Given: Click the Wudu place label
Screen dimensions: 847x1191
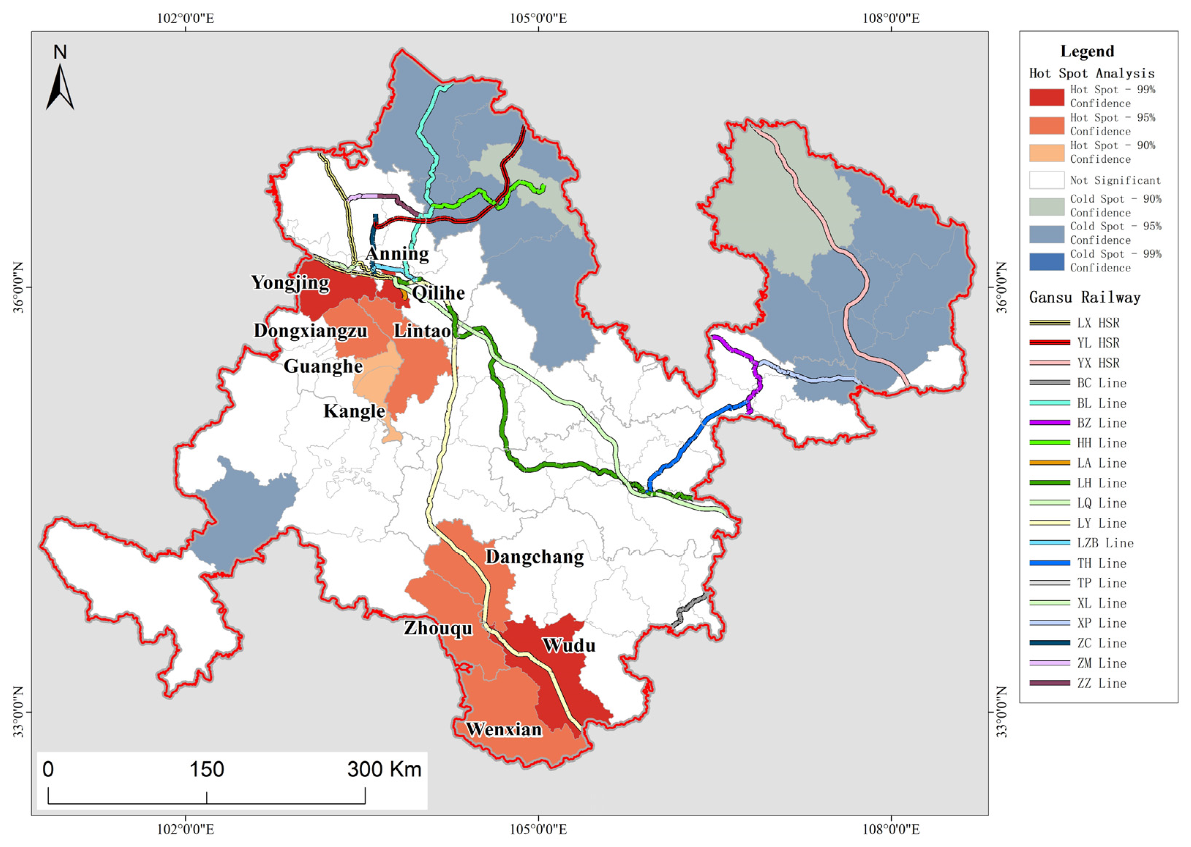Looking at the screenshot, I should pos(569,646).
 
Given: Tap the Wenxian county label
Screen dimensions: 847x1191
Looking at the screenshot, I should pos(504,729).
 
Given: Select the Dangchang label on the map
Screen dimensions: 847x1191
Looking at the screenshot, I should pos(534,557).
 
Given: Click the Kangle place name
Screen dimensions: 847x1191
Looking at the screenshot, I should pos(354,411).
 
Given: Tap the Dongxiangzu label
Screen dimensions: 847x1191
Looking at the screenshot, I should pos(311,331).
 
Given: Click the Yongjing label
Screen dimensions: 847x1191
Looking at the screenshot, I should pos(290,283).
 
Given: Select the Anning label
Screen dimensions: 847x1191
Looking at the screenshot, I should pos(397,254).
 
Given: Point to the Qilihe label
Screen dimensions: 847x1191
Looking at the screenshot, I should pos(438,293).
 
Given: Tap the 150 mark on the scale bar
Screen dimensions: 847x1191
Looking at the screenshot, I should pos(207,769).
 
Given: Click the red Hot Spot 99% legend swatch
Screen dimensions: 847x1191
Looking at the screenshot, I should pos(1046,97).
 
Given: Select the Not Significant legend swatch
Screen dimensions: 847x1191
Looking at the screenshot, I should pos(1046,180).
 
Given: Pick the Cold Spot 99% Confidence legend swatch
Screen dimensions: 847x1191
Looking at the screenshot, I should pos(1046,261).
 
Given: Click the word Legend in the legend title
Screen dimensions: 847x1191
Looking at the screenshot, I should pos(1087,51).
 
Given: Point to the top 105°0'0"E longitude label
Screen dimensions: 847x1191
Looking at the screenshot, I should pos(538,18).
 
